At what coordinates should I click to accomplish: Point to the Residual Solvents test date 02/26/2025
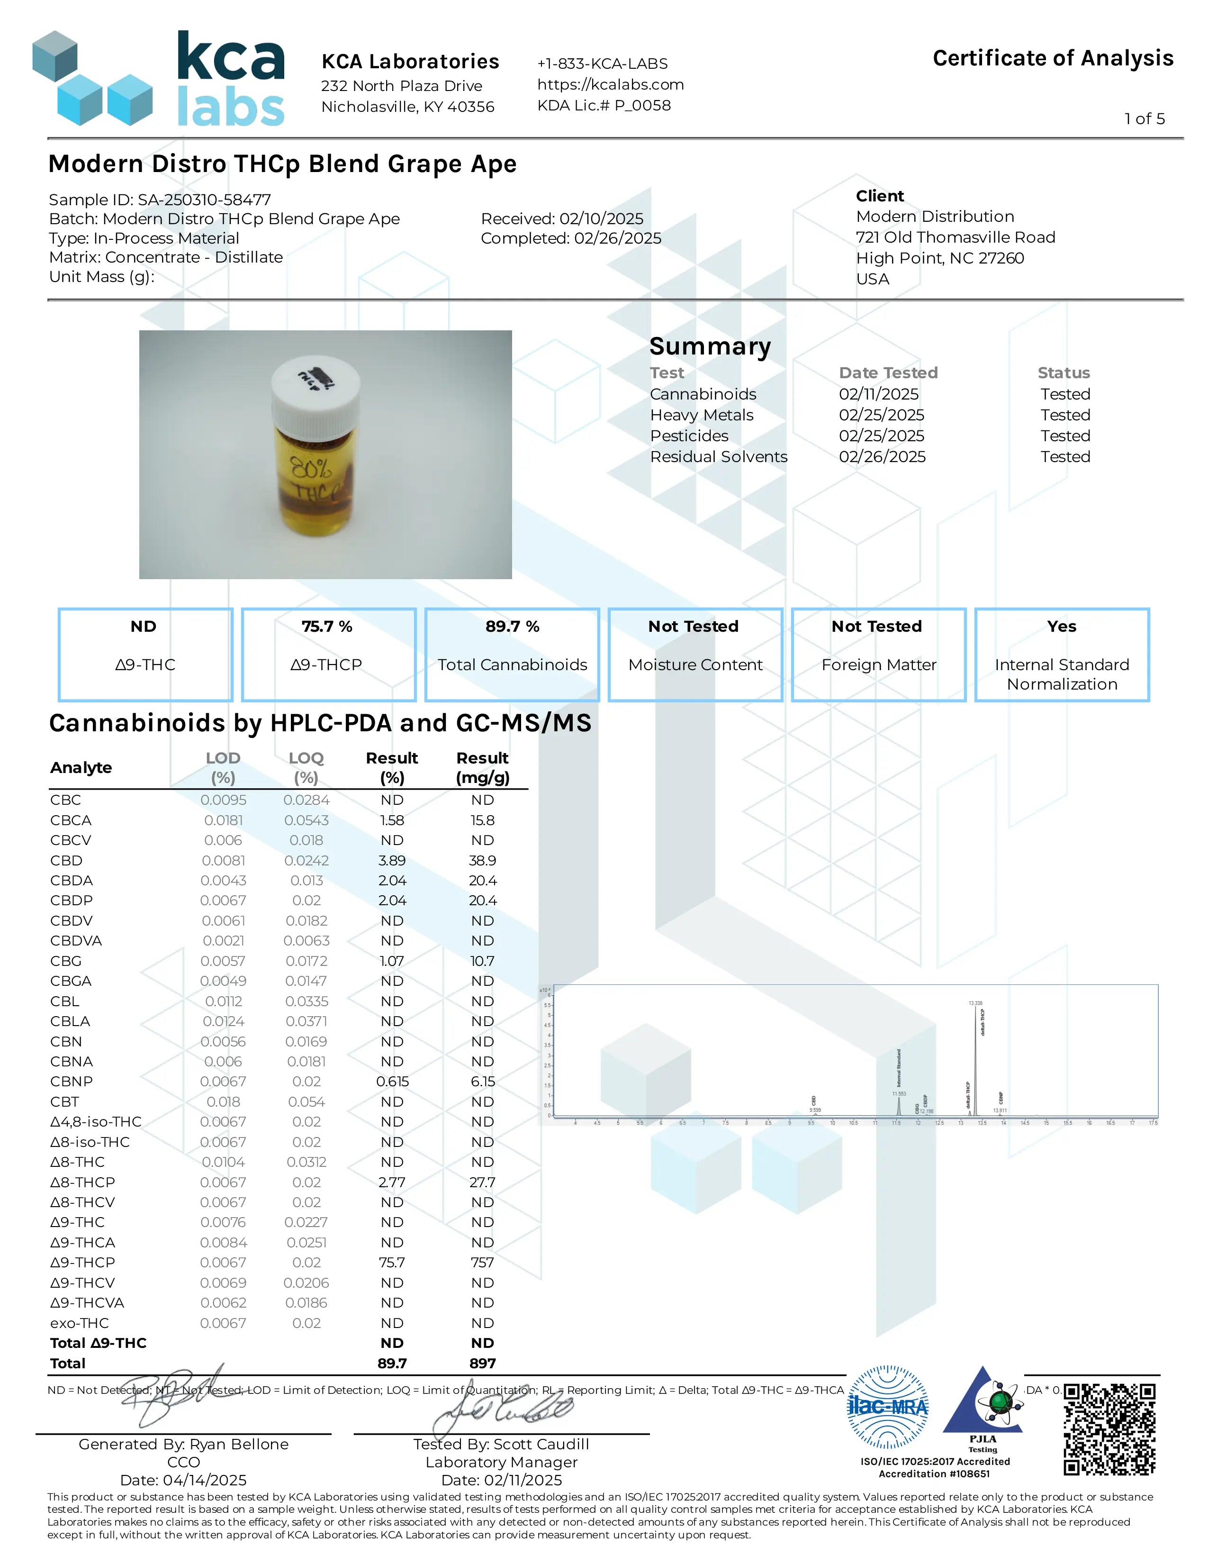882,457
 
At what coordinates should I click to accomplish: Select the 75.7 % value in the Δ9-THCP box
327,627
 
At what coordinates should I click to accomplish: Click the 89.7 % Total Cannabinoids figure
513,627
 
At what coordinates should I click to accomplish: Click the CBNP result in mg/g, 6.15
482,1082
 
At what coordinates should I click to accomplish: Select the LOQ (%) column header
307,767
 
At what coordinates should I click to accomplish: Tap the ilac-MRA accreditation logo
887,1407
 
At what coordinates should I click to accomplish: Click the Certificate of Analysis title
1053,58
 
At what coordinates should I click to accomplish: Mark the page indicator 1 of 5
1145,119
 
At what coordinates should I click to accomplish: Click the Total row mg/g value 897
482,1364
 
